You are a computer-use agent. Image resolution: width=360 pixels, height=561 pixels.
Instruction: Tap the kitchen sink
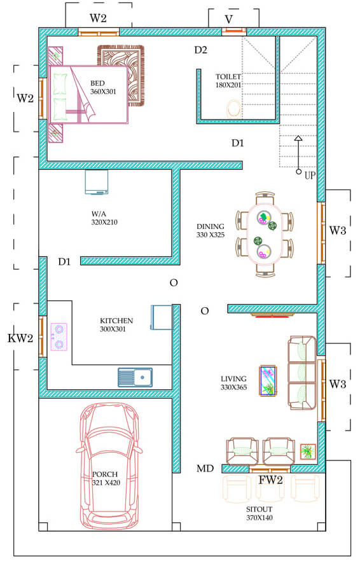click(135, 377)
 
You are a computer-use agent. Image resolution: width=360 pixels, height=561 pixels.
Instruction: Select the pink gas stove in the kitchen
click(59, 336)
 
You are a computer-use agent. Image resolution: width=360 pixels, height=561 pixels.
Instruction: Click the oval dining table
click(264, 235)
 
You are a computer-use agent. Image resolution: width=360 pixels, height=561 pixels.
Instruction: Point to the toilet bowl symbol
click(233, 108)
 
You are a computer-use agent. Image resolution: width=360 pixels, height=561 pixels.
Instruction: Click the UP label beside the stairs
click(310, 176)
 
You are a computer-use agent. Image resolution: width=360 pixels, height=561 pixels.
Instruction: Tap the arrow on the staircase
click(298, 155)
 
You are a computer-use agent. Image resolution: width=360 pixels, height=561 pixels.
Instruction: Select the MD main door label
click(205, 468)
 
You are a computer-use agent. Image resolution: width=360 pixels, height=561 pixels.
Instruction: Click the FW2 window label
click(271, 480)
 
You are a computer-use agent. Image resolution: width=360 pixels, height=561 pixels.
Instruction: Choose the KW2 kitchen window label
click(20, 338)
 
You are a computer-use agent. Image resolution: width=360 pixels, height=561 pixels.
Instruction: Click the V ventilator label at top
click(229, 19)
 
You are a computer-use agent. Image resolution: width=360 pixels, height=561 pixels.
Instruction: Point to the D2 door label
click(201, 50)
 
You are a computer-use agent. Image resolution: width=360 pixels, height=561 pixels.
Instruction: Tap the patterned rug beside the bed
click(121, 76)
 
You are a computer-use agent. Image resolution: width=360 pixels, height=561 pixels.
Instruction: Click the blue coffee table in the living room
click(268, 380)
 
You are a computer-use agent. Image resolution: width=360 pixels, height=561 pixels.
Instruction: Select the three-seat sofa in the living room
click(302, 373)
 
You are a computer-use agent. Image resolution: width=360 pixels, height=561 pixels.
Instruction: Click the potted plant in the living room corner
click(308, 452)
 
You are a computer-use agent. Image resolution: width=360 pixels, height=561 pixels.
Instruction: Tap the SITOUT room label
click(259, 509)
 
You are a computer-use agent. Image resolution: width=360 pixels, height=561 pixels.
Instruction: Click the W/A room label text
click(99, 214)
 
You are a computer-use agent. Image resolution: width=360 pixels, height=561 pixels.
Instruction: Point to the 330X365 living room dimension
click(233, 387)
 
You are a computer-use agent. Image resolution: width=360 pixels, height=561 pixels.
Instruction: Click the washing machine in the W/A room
click(97, 182)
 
